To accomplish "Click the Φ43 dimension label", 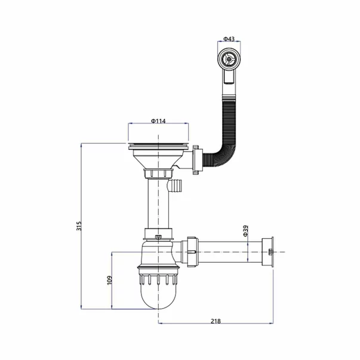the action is [x=229, y=39].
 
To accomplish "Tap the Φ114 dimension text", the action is [x=158, y=121].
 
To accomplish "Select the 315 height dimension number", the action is [x=79, y=226].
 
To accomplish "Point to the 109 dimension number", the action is [x=109, y=281].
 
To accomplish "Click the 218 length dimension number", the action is [x=216, y=321].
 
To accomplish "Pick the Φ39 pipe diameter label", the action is [x=245, y=230].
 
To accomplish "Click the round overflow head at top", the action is [x=229, y=59].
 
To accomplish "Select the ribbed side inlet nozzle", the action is [x=176, y=185].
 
